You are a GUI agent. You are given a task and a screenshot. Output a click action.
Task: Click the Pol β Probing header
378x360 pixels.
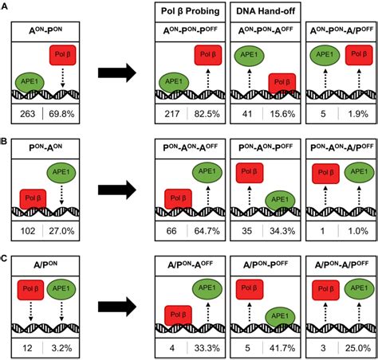[x=191, y=11]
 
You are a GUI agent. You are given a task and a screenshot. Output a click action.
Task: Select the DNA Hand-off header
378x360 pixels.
[x=266, y=11]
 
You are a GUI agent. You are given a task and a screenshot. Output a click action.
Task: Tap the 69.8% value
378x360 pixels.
[x=61, y=114]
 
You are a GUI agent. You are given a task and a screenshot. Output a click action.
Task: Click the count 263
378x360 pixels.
[x=28, y=114]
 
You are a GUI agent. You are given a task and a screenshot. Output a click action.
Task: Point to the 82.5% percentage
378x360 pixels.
[x=207, y=114]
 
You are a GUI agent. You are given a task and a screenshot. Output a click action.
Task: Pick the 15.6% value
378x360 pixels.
[x=282, y=114]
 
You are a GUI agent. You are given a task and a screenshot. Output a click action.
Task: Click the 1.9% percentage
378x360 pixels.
[x=358, y=114]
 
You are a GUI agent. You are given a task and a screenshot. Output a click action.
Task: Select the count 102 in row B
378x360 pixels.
[x=28, y=231]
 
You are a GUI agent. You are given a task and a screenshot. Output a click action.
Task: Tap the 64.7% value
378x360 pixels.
[x=207, y=231]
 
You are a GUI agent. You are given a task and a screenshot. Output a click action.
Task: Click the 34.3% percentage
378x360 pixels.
[x=282, y=231]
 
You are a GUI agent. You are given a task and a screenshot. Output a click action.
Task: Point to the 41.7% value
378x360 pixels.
[x=282, y=348]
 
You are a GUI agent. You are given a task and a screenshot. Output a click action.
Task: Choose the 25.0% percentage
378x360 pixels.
[x=358, y=348]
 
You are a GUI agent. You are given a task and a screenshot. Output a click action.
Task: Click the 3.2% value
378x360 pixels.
[x=61, y=348]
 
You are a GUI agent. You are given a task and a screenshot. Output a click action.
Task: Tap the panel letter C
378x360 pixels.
[x=4, y=258]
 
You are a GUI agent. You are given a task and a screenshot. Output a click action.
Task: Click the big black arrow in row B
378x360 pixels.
[x=117, y=190]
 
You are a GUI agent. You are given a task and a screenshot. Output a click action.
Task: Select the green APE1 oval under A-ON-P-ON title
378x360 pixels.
[x=30, y=82]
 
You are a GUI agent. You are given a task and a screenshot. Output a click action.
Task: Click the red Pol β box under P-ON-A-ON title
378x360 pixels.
[x=33, y=198]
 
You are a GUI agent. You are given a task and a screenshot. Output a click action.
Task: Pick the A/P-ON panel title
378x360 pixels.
[x=46, y=264]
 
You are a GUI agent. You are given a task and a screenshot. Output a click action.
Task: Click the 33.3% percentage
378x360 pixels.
[x=207, y=348]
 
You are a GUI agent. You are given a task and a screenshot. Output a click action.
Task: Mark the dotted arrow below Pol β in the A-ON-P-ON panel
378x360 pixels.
[x=63, y=77]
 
